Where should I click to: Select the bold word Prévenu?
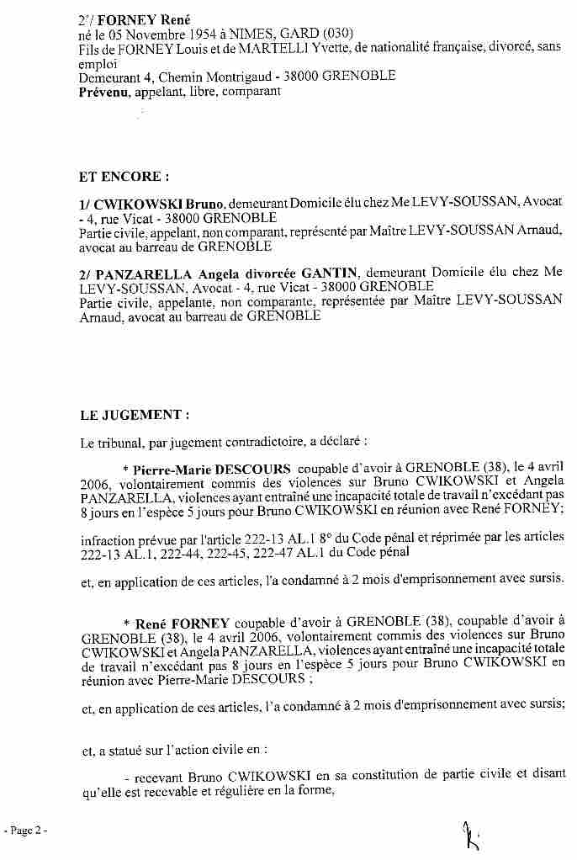(x=103, y=91)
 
